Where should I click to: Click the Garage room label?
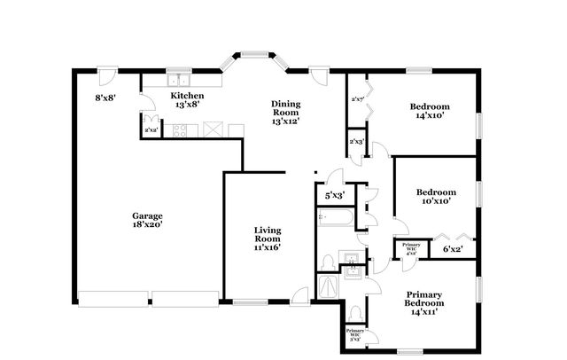pos(147,215)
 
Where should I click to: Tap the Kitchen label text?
pos(187,96)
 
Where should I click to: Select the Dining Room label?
pos(286,108)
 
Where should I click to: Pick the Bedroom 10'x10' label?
pos(436,192)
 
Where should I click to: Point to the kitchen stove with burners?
pos(180,131)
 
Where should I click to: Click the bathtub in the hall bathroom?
pos(337,218)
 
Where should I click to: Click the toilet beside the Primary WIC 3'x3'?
pos(354,313)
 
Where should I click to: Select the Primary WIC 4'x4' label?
pos(410,247)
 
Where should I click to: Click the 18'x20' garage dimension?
pos(147,225)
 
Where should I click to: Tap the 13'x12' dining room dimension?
pos(286,121)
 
